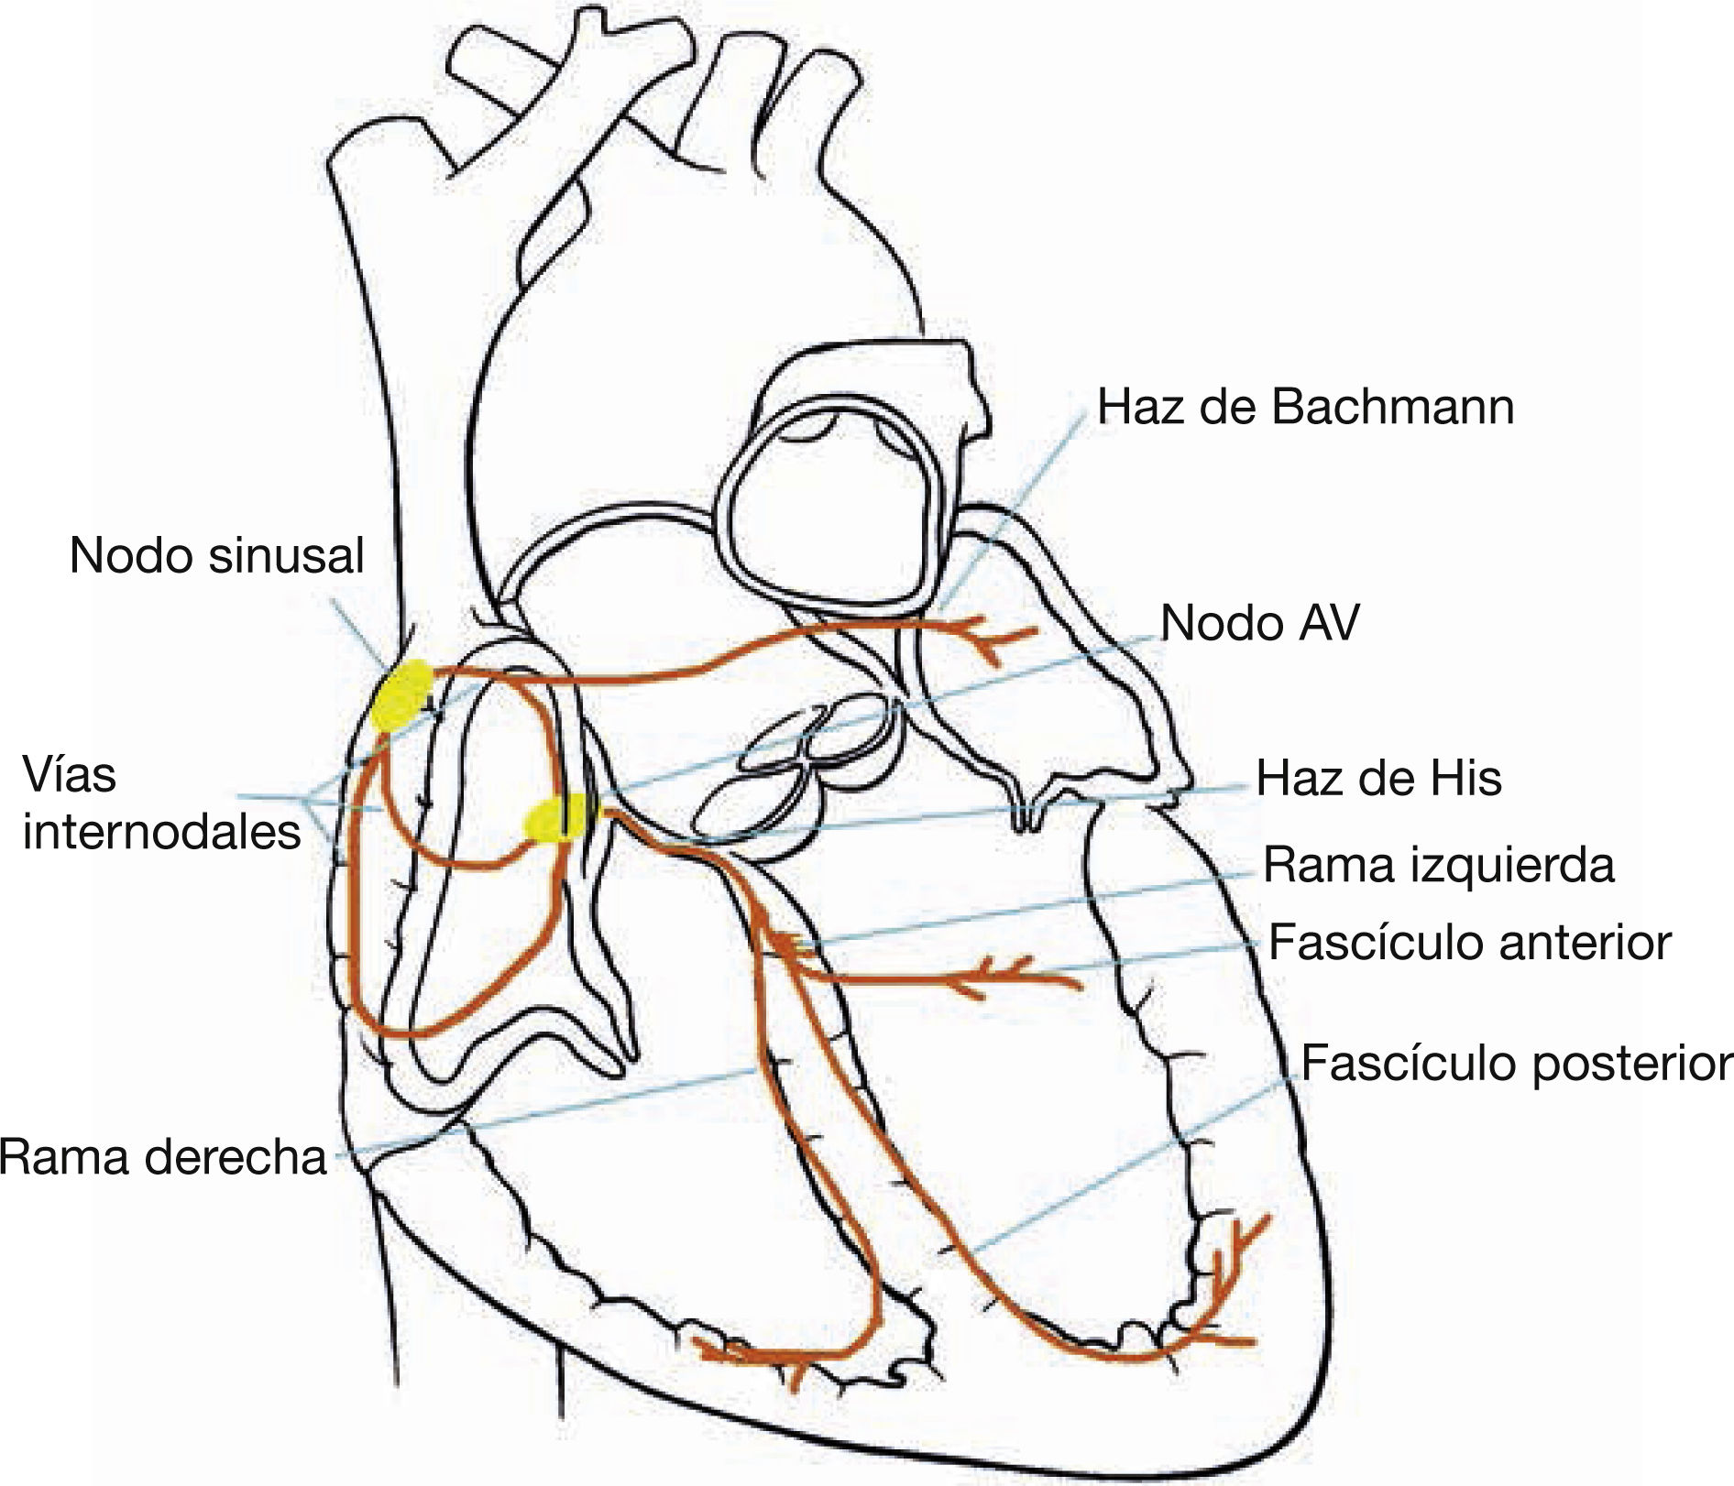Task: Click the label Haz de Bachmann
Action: point(1305,407)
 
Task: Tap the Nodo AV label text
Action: point(1259,623)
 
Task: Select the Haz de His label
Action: point(1378,778)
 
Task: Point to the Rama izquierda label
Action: point(1438,866)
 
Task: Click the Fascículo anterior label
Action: point(1469,942)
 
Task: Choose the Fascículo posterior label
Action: point(1517,1063)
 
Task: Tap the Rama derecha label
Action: point(163,1158)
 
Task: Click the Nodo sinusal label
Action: point(216,556)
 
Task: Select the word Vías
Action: point(70,775)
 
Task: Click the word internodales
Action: point(161,833)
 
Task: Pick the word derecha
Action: point(236,1158)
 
